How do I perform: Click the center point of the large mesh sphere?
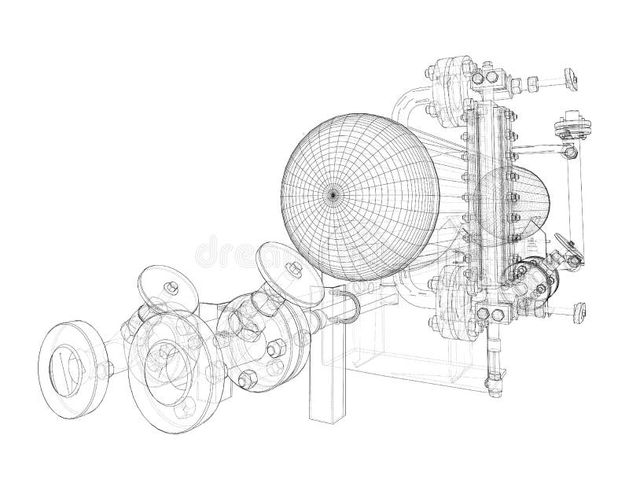[333, 192]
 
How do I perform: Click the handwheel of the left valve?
[166, 288]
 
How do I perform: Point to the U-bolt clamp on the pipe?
[351, 308]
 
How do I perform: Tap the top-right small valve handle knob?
[571, 78]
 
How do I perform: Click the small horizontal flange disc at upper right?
[568, 125]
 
